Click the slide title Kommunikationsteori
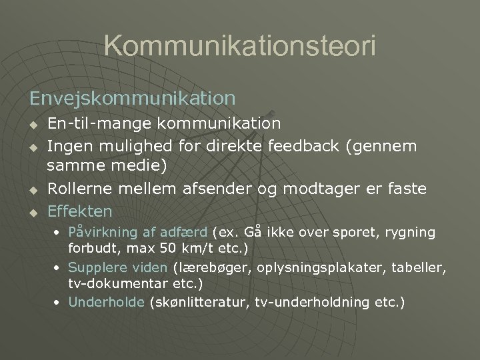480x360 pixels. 240,46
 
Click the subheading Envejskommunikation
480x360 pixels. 132,98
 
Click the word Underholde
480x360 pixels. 106,302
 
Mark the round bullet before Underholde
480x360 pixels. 59,303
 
